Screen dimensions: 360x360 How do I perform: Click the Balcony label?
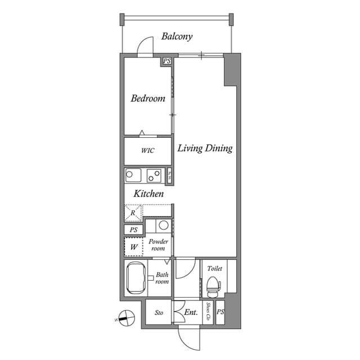tap(177, 37)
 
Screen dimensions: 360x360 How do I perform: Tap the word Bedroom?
tap(148, 98)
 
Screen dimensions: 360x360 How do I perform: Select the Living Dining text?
tap(205, 148)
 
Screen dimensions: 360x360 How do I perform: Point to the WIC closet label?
tap(147, 151)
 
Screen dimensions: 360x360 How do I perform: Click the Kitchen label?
tap(148, 193)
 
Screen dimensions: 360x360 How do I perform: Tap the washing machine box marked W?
tap(134, 246)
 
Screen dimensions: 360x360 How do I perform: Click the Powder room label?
tap(159, 245)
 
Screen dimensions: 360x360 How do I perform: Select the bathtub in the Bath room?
tap(136, 278)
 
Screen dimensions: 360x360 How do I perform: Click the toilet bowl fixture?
tap(212, 287)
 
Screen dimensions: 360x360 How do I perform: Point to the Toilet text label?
tap(214, 268)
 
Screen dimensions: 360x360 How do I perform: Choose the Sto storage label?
tap(159, 313)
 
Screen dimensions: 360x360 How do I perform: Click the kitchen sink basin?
tap(129, 175)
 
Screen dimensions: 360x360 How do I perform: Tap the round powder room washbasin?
tap(163, 226)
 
